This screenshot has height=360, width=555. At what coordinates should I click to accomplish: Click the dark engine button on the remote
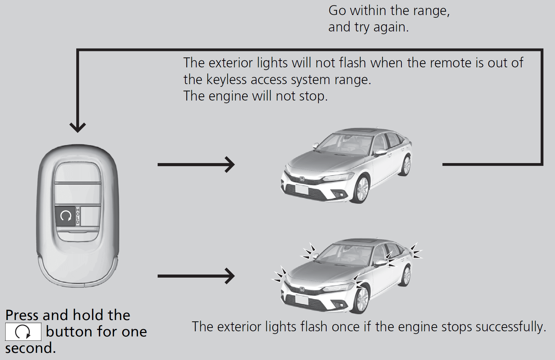coord(65,216)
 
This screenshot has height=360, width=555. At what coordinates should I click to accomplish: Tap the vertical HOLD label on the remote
coord(78,216)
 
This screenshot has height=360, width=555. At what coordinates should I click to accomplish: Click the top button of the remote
coord(77,173)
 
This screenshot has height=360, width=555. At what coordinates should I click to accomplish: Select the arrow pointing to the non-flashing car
coord(196,164)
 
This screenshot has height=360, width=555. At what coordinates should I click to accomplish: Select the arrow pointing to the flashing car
coord(196,276)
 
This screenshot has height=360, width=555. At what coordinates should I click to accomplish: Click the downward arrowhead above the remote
coord(78,127)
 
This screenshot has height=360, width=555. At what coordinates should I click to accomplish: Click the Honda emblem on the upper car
coord(302,179)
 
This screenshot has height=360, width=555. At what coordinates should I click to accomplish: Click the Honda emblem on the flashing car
coord(302,290)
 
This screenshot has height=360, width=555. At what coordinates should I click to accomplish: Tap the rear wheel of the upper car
coord(406,166)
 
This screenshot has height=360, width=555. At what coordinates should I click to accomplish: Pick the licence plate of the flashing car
coord(302,300)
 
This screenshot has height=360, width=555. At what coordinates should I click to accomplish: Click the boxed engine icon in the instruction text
coord(23,332)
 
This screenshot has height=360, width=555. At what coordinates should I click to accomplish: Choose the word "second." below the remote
coord(30,348)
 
